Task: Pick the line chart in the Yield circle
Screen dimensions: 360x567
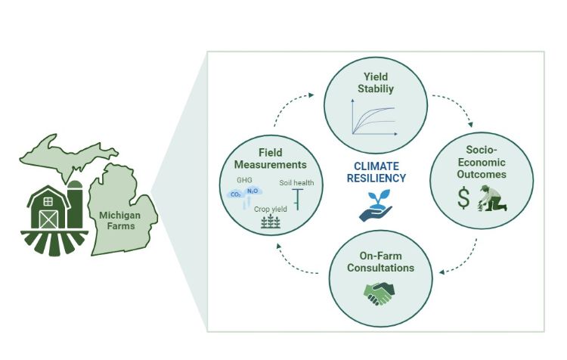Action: pos(372,119)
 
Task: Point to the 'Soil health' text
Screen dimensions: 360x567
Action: pos(296,182)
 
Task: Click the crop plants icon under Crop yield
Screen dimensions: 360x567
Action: pos(270,222)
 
